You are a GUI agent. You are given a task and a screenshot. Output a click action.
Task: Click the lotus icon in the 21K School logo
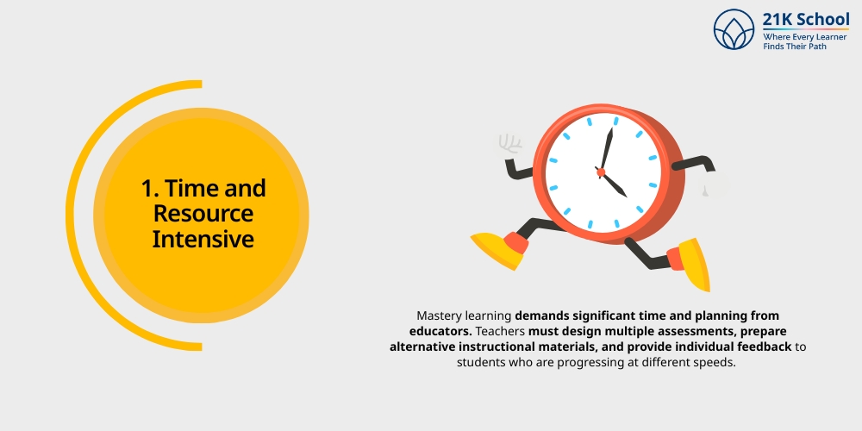734,29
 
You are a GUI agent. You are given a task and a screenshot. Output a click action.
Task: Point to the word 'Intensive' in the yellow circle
203,238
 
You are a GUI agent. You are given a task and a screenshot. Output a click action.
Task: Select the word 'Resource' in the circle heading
203,213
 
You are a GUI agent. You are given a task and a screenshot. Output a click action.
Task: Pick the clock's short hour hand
615,184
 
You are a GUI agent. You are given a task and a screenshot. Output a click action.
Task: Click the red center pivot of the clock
601,172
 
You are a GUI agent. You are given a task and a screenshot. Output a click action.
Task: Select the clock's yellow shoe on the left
498,249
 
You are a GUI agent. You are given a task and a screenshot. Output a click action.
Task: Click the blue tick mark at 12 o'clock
615,122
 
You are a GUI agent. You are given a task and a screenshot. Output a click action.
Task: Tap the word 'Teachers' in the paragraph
499,331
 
